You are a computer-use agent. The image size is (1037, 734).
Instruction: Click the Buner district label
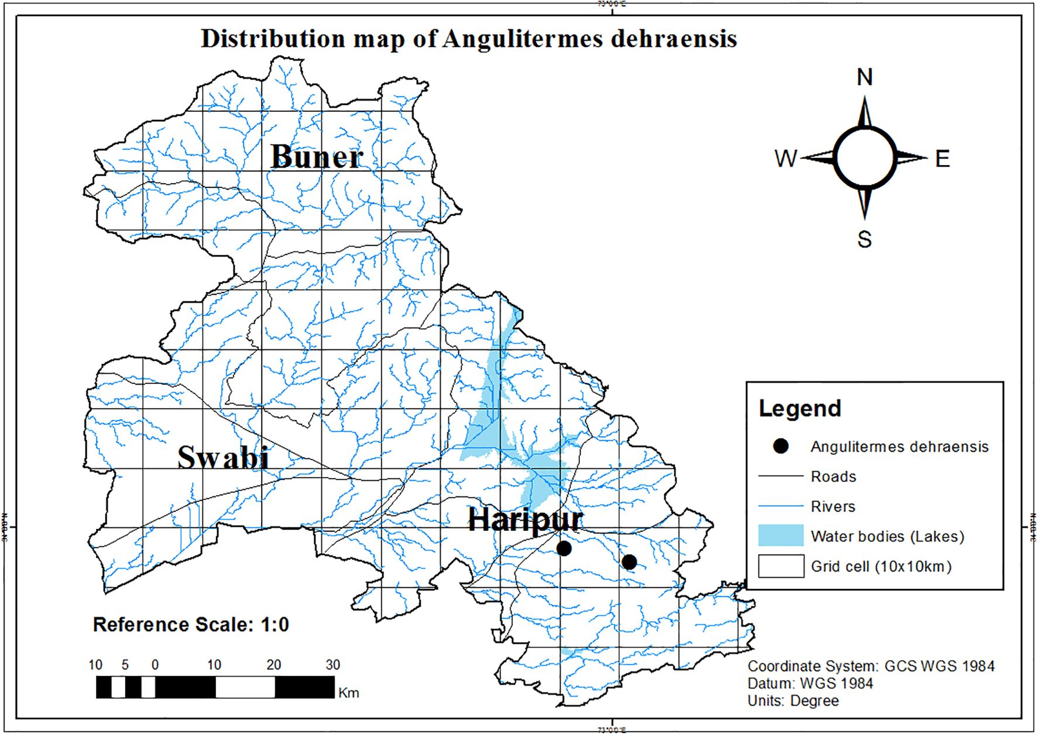(317, 157)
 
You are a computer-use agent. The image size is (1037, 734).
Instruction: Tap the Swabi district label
(223, 457)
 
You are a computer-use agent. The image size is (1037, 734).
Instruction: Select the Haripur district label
(525, 519)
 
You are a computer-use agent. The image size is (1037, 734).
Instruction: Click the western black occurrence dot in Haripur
(564, 548)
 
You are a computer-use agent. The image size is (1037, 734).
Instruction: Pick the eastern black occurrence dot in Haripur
(629, 562)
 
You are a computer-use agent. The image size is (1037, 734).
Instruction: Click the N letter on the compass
(864, 77)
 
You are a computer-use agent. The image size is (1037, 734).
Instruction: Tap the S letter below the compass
(864, 239)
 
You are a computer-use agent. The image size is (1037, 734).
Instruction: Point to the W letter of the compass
(785, 159)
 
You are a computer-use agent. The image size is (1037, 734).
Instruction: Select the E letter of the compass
(942, 159)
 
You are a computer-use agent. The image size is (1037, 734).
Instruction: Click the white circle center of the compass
(864, 157)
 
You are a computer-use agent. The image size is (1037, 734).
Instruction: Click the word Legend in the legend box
(799, 409)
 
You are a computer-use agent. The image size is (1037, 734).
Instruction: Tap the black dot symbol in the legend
(781, 446)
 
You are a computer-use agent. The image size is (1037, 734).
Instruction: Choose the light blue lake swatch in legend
(781, 536)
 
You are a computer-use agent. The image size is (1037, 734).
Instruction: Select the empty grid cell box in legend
(781, 566)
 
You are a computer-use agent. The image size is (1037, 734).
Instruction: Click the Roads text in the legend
(833, 476)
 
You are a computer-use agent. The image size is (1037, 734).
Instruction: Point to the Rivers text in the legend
(833, 506)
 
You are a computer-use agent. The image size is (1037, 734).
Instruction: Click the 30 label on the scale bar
(332, 665)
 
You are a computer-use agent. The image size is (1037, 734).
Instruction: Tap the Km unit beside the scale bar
(349, 693)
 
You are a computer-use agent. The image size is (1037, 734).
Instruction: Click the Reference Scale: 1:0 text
(191, 625)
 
